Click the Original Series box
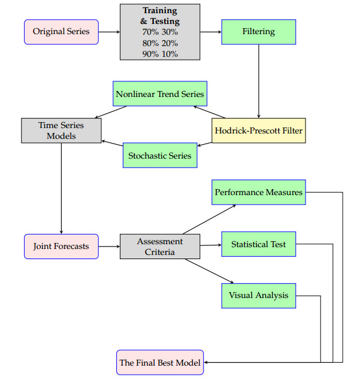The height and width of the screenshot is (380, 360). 61,32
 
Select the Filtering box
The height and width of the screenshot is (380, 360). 258,32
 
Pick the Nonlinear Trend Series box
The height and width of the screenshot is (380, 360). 160,94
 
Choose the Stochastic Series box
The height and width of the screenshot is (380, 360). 160,156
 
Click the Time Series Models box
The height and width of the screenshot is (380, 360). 61,130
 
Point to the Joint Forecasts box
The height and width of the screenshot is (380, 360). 61,246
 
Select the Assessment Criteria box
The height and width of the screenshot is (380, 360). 160,247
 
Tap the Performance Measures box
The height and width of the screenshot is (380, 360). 259,192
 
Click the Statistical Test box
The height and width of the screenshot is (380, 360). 258,244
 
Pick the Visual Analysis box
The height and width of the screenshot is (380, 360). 258,295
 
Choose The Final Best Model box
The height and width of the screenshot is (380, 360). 160,363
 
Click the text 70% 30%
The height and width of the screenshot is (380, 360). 160,32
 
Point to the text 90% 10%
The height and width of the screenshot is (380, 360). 160,53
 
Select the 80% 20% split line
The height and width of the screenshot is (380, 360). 160,42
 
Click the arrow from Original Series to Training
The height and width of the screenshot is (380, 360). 109,32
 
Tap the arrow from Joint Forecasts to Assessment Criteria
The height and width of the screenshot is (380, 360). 109,246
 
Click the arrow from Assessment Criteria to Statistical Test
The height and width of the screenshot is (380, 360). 211,245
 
